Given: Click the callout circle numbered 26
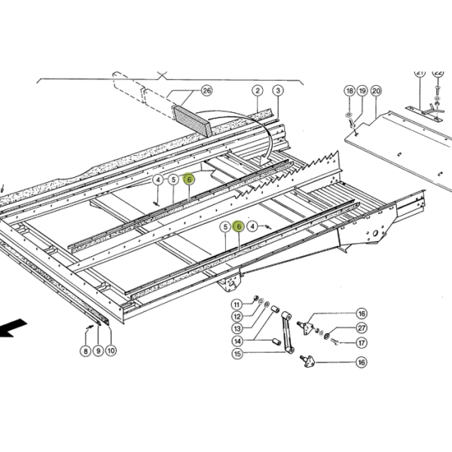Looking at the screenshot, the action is [206, 91].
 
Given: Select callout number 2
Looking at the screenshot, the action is [258, 91].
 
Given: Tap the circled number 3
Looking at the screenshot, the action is [278, 91].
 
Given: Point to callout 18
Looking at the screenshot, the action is [350, 91].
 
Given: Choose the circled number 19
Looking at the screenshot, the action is [362, 91].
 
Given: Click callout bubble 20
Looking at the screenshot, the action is [376, 91].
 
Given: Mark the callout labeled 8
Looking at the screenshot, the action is [86, 351].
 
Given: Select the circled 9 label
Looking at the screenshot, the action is [98, 351].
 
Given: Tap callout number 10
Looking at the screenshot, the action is [111, 350].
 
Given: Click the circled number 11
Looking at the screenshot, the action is [237, 304].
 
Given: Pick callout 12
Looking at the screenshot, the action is [237, 317].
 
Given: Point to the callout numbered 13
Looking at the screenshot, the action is [237, 328].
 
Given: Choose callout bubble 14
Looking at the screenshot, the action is [237, 341].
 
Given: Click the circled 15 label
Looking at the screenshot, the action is [237, 353].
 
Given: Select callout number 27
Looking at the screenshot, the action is [362, 328].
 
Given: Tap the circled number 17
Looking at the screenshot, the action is [362, 343].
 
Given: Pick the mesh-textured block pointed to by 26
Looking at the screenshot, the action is [192, 121].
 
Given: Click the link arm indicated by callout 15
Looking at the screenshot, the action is [288, 332].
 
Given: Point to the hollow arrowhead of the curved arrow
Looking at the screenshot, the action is [266, 160].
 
